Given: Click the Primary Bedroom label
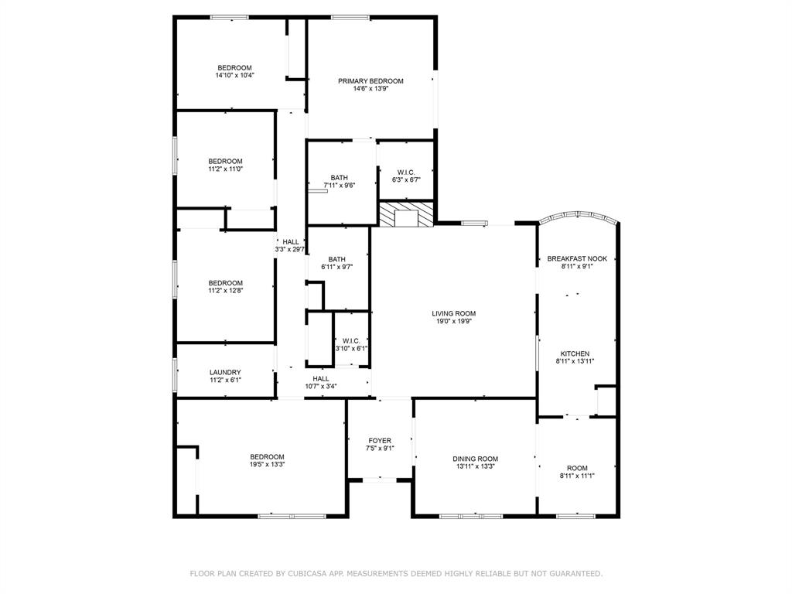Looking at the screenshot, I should point(370,81).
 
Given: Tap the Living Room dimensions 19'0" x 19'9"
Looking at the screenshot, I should point(453,321).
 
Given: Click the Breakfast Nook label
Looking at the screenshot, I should point(577,258).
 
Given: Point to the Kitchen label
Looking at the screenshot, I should point(575,353).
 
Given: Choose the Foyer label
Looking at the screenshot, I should point(379,441).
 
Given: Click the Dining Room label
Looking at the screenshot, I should point(475,459).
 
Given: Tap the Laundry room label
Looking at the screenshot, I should point(225,372).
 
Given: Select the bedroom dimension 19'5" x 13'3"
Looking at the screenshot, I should point(267,465).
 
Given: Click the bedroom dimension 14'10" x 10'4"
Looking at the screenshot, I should point(234,76).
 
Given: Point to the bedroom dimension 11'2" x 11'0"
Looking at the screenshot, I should point(225,169).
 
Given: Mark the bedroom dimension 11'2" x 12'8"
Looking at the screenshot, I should point(225,291).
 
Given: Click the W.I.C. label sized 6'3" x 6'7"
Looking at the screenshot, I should point(406,172).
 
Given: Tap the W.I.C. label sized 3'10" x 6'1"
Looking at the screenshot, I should point(351,340).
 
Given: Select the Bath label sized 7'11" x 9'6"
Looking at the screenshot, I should point(339,178).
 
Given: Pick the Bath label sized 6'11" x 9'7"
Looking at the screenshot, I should point(336,259).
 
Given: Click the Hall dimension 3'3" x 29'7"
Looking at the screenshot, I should point(291,250).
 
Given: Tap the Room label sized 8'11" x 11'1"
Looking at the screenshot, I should point(577,468).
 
